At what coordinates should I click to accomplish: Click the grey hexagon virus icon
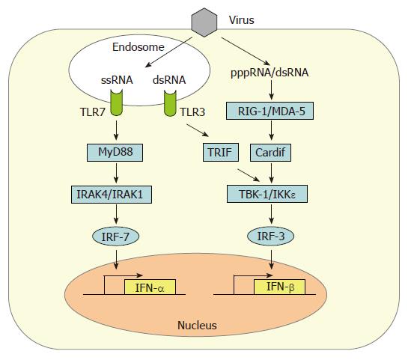click(x=204, y=22)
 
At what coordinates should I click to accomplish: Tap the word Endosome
click(x=138, y=47)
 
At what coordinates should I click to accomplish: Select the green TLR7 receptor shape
click(x=116, y=103)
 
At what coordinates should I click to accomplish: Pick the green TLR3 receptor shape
click(x=170, y=103)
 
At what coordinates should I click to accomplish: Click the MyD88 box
click(x=115, y=153)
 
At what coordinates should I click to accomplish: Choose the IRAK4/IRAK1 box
click(x=112, y=195)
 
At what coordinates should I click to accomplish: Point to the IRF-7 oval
click(x=116, y=237)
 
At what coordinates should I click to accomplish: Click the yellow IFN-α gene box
click(x=150, y=287)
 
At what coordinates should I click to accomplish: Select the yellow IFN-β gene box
click(x=279, y=287)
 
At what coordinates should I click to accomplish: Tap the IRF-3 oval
click(x=270, y=237)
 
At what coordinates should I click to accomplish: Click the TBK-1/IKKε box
click(x=267, y=194)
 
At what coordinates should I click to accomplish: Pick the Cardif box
click(x=270, y=153)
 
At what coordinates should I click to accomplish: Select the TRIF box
click(x=221, y=152)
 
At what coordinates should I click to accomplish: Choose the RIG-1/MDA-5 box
click(x=270, y=111)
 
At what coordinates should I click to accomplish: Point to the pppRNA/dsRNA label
click(x=270, y=73)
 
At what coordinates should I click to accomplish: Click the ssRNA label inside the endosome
click(x=117, y=80)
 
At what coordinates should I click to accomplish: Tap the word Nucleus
click(x=197, y=326)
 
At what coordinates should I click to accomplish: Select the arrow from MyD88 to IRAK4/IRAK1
click(x=116, y=173)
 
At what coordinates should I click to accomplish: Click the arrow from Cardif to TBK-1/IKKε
click(x=272, y=173)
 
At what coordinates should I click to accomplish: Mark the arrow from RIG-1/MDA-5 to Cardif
click(x=272, y=130)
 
